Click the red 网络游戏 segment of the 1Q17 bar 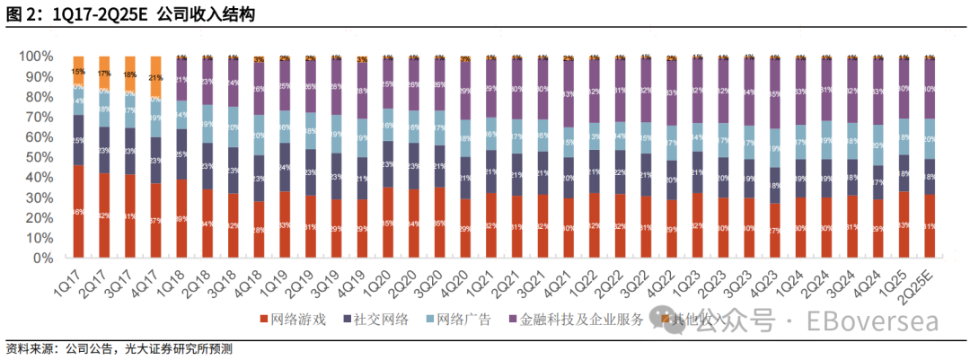78,212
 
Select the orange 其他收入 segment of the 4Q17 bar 155,77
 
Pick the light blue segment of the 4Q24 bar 877,145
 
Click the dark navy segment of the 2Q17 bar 104,150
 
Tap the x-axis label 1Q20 382,279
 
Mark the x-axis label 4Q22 664,279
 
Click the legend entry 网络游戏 295,319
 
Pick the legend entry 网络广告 464,319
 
